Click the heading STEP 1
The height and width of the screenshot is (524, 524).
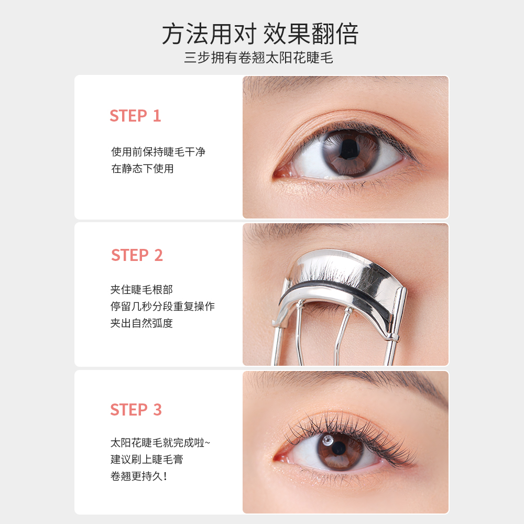pyautogui.click(x=135, y=116)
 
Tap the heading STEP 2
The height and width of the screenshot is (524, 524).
pyautogui.click(x=137, y=255)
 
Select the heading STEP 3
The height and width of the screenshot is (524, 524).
pyautogui.click(x=136, y=409)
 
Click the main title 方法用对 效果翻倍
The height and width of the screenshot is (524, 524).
pyautogui.click(x=260, y=34)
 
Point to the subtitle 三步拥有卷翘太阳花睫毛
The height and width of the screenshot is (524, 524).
pyautogui.click(x=259, y=58)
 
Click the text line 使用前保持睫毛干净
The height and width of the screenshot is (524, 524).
pyautogui.click(x=158, y=152)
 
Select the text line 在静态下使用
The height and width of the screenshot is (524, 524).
pyautogui.click(x=142, y=169)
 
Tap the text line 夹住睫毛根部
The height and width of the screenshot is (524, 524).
pyautogui.click(x=141, y=290)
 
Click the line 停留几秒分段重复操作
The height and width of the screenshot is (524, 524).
pyautogui.click(x=162, y=307)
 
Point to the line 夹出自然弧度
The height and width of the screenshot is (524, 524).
pyautogui.click(x=141, y=323)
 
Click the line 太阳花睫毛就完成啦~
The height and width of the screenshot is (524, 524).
pyautogui.click(x=160, y=442)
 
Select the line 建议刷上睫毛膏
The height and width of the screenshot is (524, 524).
pyautogui.click(x=147, y=460)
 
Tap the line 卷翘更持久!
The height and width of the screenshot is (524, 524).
pyautogui.click(x=139, y=476)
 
